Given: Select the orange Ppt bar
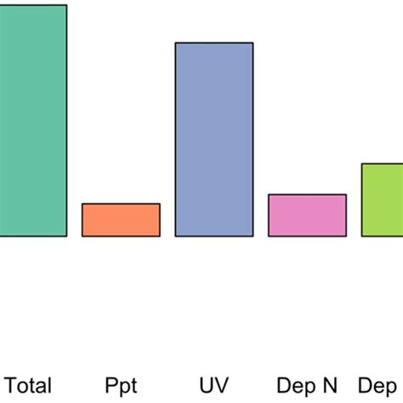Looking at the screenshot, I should [x=121, y=219].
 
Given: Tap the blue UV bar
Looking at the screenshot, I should [x=213, y=139].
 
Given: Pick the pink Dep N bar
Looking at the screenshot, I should [x=307, y=215].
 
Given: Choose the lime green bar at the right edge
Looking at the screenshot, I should [x=382, y=200].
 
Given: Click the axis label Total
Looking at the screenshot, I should [x=29, y=385].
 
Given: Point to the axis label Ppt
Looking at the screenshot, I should [x=121, y=385].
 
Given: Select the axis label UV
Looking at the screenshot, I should [x=213, y=385].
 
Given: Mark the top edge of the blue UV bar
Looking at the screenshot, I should [x=213, y=43].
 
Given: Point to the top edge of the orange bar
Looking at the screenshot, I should [x=121, y=204].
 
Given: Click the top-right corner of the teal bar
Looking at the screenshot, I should [x=66, y=6].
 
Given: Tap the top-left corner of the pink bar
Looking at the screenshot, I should [x=269, y=195].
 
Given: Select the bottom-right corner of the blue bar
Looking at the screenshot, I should [x=253, y=236].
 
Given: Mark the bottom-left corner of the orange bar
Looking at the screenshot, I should [x=82, y=236].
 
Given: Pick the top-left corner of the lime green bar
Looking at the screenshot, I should [x=362, y=163].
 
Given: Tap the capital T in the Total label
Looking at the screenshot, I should [x=11, y=385].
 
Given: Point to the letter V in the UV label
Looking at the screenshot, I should [x=221, y=385].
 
